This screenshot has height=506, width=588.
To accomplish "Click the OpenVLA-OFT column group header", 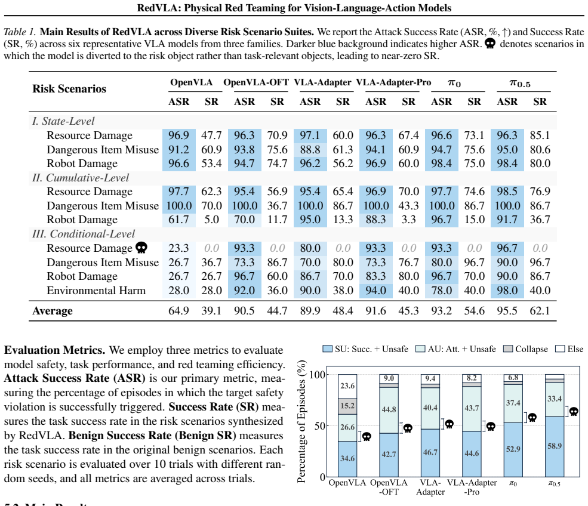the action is (256, 82).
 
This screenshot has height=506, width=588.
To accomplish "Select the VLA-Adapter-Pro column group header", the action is (393, 82).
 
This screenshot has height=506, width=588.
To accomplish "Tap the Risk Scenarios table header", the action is (69, 89).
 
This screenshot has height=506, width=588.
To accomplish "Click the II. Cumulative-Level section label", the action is (81, 178).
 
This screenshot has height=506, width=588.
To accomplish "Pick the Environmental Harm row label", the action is (96, 291).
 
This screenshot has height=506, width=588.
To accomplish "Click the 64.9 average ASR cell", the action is (178, 311).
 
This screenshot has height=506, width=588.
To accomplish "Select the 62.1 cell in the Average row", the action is (540, 311).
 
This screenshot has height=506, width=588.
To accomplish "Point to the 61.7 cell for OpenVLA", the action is (178, 220).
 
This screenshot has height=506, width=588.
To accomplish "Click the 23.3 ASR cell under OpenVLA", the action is (178, 248).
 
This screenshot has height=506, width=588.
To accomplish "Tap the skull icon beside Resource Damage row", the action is (141, 248).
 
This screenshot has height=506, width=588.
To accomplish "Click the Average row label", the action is (53, 311).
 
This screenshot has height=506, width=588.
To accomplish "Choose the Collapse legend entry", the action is (525, 349).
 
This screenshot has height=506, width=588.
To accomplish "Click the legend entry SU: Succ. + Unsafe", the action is (365, 349).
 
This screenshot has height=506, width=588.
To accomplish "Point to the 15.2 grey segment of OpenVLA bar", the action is (347, 406).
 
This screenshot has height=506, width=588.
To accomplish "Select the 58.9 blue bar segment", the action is (554, 446).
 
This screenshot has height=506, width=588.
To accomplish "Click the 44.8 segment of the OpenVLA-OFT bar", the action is (389, 410).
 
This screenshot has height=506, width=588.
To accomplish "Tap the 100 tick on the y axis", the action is (317, 375).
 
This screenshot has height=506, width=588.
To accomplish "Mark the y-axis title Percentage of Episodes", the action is (301, 421).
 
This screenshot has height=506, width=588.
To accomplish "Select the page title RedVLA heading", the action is (294, 8).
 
